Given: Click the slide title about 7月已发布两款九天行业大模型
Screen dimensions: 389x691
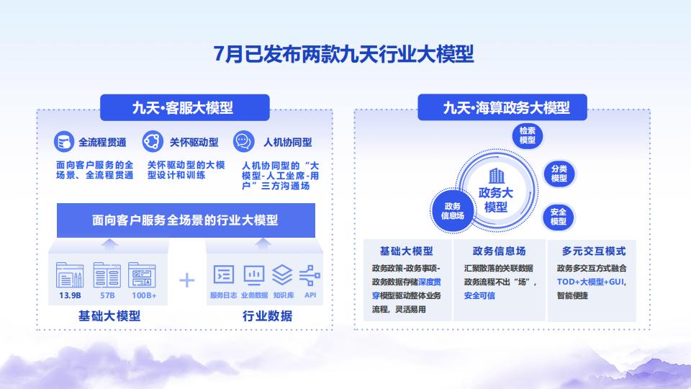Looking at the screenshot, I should [345, 54].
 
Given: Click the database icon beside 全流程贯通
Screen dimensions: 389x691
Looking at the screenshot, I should [65, 141].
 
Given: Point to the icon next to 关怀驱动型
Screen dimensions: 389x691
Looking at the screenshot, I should [152, 141].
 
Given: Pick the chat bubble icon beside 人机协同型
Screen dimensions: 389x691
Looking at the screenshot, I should [244, 141].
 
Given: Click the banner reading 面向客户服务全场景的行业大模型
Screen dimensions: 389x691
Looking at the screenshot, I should [185, 220].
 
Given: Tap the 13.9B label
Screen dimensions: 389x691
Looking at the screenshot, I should [70, 295].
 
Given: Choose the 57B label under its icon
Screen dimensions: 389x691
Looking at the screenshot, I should [108, 295].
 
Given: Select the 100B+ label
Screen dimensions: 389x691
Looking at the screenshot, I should [144, 295].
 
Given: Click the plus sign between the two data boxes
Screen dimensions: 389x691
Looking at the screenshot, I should [187, 280].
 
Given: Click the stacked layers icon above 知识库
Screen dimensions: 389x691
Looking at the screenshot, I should [282, 274].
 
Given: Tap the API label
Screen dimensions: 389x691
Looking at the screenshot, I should [310, 295].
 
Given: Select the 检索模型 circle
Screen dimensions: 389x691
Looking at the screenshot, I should [528, 135].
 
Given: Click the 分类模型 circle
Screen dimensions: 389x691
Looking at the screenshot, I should [559, 174].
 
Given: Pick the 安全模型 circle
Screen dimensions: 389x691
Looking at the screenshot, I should [559, 216].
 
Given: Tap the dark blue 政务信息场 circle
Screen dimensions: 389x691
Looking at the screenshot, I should [452, 210].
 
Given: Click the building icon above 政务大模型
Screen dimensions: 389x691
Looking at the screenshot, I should [496, 176].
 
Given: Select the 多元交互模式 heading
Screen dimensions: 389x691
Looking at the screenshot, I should [594, 251].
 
